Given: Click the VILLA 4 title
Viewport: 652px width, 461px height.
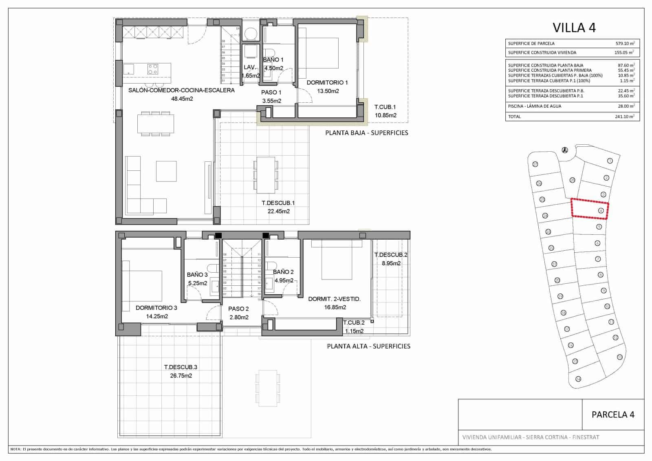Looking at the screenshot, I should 574,28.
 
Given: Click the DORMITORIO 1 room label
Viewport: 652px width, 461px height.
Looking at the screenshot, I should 327,83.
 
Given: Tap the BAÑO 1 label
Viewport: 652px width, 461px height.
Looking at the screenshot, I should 273,60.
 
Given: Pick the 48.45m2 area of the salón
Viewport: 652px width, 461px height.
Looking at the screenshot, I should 181,99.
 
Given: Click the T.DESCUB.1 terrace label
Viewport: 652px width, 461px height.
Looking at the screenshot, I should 278,203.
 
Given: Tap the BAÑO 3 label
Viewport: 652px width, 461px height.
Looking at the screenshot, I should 197,275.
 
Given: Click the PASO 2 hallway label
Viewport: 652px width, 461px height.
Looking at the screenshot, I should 238,309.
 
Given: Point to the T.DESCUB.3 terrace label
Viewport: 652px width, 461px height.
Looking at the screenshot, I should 181,367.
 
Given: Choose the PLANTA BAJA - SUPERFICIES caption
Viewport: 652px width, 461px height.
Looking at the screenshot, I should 366,133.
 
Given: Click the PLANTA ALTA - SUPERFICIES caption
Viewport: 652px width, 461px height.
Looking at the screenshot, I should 368,346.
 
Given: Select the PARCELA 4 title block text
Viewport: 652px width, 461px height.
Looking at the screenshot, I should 612,415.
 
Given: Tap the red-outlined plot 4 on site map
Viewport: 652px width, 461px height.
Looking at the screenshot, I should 590,209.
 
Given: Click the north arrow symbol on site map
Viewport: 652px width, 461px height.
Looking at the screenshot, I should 565,150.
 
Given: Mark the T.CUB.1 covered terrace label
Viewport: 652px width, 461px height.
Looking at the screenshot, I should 385,107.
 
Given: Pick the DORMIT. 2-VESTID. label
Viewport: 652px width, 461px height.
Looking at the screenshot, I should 334,299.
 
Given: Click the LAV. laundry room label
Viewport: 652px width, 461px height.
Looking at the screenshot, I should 250,67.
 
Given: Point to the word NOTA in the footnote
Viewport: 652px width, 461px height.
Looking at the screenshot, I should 15,449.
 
